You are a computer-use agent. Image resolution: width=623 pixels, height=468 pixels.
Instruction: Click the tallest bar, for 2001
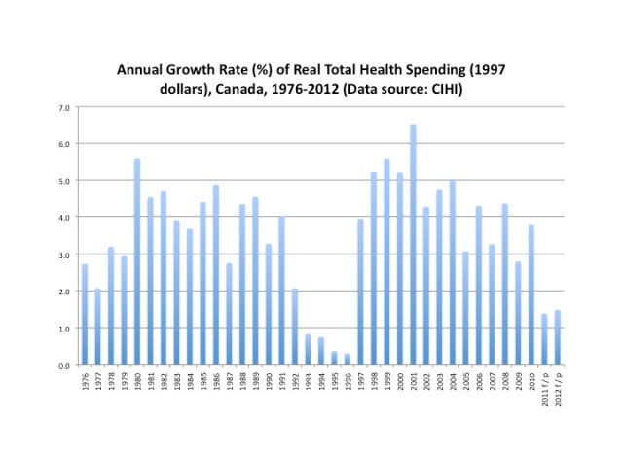413,244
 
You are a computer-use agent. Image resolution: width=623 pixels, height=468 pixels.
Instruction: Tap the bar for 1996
348,359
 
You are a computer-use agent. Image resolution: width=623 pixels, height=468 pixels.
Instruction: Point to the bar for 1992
295,327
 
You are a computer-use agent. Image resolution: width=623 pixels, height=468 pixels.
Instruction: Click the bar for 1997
360,292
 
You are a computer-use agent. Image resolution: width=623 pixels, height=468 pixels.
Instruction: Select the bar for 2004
453,272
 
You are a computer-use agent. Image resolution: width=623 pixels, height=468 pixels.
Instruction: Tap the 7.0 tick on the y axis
63,107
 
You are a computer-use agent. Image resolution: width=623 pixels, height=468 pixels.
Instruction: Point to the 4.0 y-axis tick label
63,217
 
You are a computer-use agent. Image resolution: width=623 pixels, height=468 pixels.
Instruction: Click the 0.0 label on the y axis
63,365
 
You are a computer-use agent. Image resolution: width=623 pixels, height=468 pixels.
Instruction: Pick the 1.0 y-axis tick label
63,328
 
